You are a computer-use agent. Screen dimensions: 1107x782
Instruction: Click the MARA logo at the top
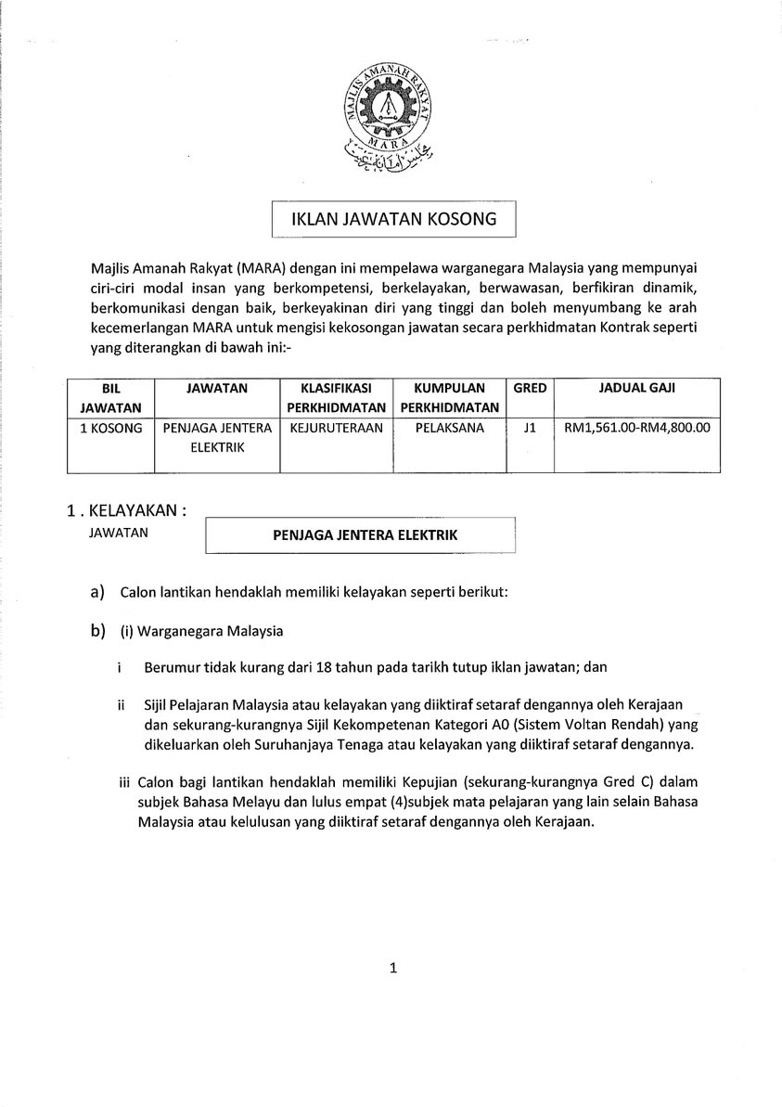pyautogui.click(x=390, y=116)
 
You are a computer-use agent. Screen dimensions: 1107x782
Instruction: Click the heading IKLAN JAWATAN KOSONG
pyautogui.click(x=393, y=220)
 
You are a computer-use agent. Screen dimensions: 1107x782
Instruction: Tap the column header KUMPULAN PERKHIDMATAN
pyautogui.click(x=450, y=397)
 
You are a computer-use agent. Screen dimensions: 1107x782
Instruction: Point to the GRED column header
pyautogui.click(x=530, y=388)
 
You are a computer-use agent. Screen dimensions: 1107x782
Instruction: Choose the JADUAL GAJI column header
pyautogui.click(x=636, y=388)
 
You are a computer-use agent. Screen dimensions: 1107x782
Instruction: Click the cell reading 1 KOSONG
pyautogui.click(x=110, y=428)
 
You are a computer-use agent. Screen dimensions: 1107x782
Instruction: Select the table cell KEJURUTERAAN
pyautogui.click(x=336, y=428)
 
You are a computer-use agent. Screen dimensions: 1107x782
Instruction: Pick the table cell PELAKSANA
pyautogui.click(x=450, y=428)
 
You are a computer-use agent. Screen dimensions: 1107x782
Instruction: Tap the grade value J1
pyautogui.click(x=530, y=428)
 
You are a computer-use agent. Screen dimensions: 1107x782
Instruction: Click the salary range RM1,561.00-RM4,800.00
pyautogui.click(x=636, y=428)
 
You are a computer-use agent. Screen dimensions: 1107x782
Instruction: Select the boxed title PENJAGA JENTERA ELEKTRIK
pyautogui.click(x=365, y=534)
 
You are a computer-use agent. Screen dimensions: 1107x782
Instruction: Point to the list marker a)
pyautogui.click(x=96, y=592)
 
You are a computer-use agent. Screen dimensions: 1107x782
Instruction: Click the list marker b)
pyautogui.click(x=96, y=631)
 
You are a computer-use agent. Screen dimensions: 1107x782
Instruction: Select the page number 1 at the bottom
pyautogui.click(x=393, y=968)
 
